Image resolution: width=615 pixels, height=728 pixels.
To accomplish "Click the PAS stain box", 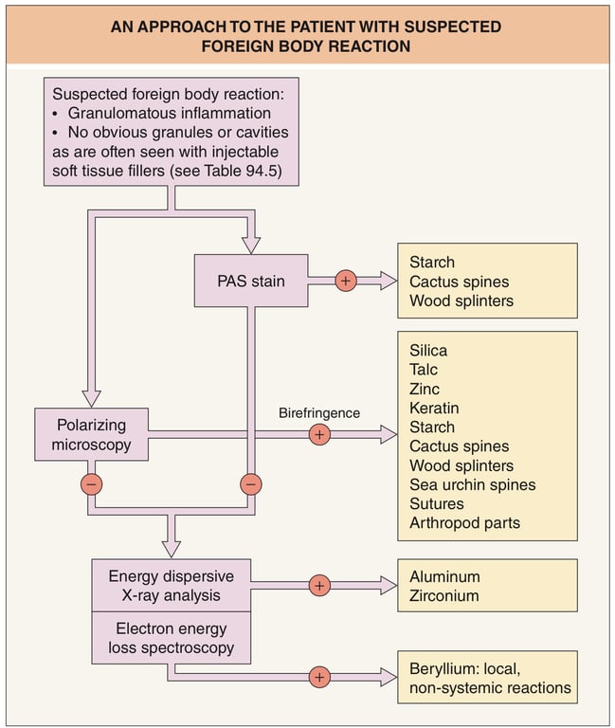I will pos(250,281).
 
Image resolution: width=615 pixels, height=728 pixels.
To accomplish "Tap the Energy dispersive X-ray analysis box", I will pos(171,586).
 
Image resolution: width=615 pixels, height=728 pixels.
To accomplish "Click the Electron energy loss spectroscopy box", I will pos(171,639).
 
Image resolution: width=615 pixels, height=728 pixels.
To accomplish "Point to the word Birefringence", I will pos(318,414).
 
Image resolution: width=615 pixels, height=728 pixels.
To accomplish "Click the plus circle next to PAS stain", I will pos(346,281).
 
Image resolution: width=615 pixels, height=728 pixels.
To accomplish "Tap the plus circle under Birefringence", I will pos(319,435).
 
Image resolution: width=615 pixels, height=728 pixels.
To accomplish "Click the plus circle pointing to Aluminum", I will pos(319,586).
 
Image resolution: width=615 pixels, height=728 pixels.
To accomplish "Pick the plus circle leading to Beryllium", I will pos(319,677).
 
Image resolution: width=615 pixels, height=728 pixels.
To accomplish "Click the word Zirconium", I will pos(444,595).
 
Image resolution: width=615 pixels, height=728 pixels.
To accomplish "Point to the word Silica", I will pos(429,351).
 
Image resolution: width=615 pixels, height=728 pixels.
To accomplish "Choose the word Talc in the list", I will pos(424,370).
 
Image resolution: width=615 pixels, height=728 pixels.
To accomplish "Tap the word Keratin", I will pos(434,408).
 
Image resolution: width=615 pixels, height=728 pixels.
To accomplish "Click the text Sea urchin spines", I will pos(472,484).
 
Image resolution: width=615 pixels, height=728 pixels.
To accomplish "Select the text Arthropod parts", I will pos(464,522).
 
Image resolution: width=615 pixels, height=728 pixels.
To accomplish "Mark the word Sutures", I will pos(437,503).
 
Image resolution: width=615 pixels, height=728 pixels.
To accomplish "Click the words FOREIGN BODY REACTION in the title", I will pos(307,45).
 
